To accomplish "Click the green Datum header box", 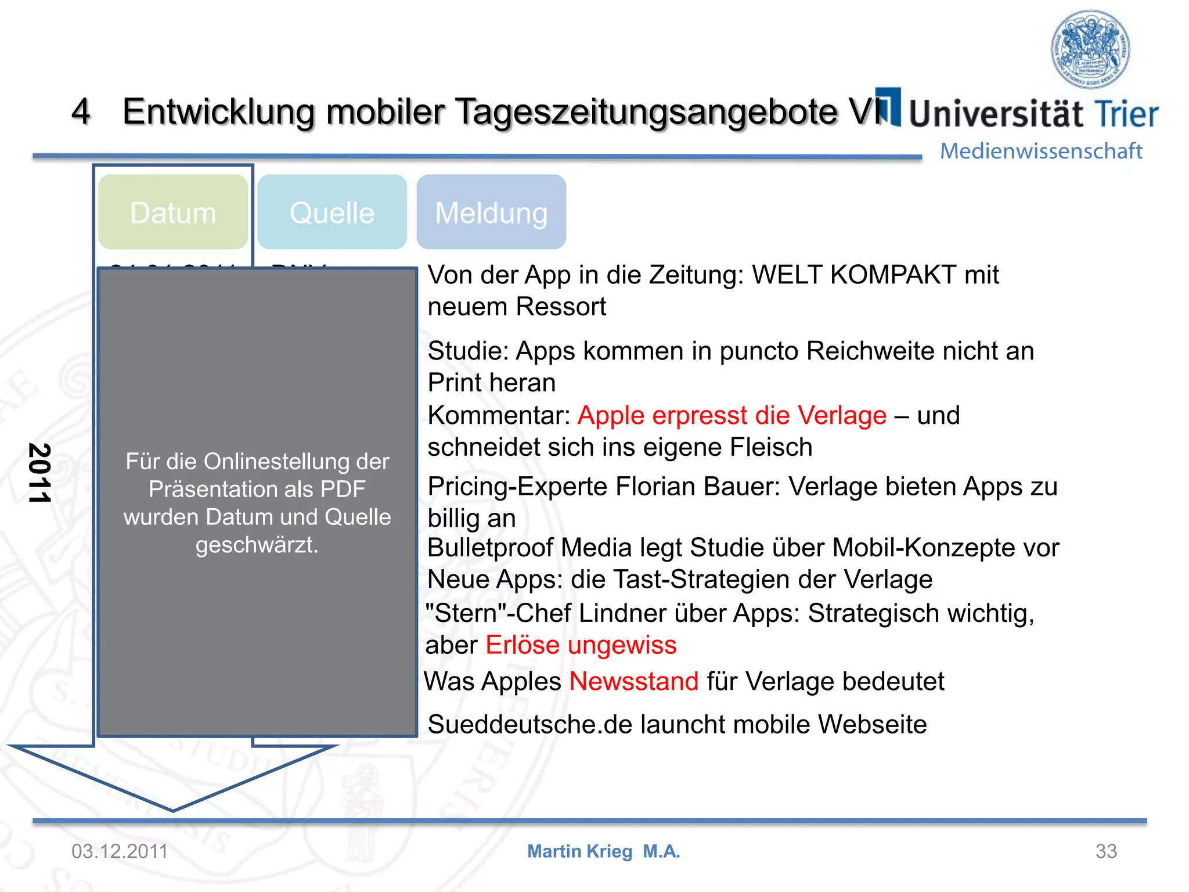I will click(173, 213).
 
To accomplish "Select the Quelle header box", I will click(332, 213).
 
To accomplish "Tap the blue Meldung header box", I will click(491, 213).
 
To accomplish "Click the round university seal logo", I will click(1090, 49).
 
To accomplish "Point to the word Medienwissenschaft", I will click(1041, 151).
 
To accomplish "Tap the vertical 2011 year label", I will click(39, 473).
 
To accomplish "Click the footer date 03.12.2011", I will click(120, 851).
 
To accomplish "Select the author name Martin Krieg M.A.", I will click(603, 851).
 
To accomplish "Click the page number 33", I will click(1106, 851).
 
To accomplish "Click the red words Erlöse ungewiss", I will click(581, 645).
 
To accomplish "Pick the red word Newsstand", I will click(634, 681).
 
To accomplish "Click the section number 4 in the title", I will click(81, 111).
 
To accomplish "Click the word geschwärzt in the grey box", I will click(257, 545).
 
